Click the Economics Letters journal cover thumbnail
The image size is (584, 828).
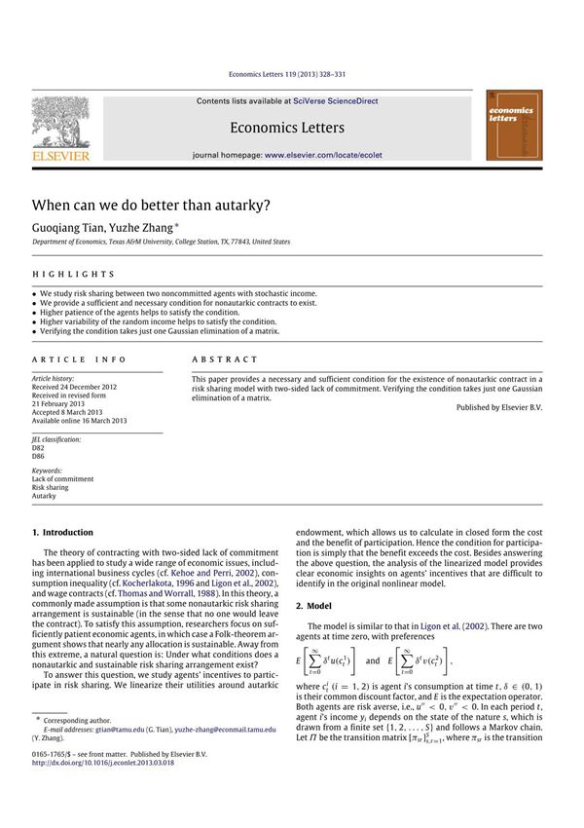click(x=514, y=126)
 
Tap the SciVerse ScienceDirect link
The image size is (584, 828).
click(x=336, y=100)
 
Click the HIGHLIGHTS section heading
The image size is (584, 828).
click(x=73, y=275)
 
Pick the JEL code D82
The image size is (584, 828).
click(x=39, y=447)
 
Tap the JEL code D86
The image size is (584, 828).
click(x=39, y=456)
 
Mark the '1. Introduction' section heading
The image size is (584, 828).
click(x=63, y=533)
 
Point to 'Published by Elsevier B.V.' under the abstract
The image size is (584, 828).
click(x=498, y=407)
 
